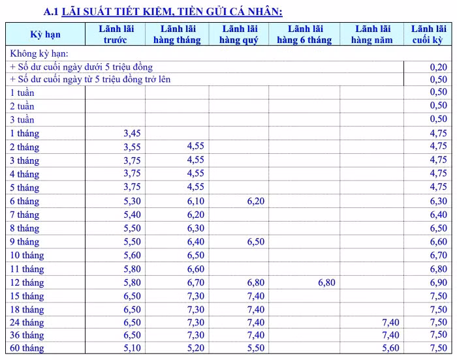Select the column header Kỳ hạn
click(45, 35)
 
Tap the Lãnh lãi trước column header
click(115, 35)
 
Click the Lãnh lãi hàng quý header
click(239, 35)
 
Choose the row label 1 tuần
click(22, 93)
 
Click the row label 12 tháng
click(27, 283)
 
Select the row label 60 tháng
click(27, 348)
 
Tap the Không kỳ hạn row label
click(39, 53)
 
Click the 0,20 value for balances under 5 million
click(439, 67)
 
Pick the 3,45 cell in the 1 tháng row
click(132, 133)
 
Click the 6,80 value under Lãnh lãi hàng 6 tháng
click(326, 283)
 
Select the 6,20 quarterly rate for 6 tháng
click(256, 201)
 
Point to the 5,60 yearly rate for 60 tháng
click(390, 348)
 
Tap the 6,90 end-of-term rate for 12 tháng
click(439, 283)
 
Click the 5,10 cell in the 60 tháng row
click(132, 348)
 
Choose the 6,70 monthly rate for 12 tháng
click(195, 283)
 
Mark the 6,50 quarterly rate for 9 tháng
click(256, 242)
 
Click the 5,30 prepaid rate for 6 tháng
click(132, 201)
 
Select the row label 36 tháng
click(27, 335)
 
